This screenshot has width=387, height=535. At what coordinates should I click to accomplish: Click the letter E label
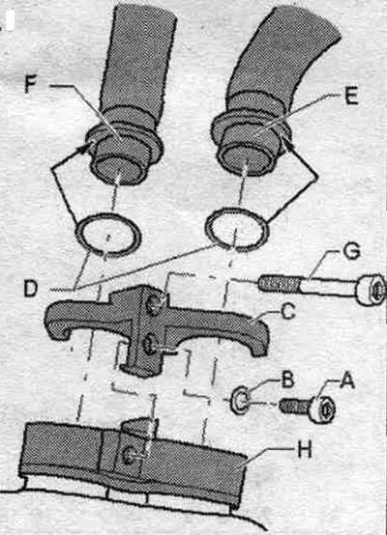351,96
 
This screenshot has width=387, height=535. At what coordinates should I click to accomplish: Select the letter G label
351,252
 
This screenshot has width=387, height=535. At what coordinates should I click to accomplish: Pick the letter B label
287,380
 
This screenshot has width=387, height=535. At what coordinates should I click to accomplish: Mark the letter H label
304,450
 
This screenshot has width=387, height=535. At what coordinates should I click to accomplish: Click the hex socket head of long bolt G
371,290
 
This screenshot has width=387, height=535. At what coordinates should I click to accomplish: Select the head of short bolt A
323,408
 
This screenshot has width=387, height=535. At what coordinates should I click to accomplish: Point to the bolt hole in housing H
130,456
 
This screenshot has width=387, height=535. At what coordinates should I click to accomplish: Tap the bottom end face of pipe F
118,171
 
